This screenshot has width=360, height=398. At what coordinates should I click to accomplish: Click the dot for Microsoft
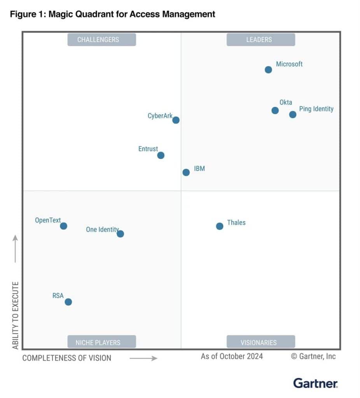268,70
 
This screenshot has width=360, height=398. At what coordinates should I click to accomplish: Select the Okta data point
275,110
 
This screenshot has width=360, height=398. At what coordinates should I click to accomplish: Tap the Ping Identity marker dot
293,114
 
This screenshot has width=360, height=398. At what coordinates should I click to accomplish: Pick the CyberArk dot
176,120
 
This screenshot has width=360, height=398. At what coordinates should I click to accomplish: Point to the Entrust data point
161,155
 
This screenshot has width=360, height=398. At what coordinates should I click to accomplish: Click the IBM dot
186,172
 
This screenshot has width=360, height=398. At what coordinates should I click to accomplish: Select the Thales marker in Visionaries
220,226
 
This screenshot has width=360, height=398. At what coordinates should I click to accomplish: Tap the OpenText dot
63,226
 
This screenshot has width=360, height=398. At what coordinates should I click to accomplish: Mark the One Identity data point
121,234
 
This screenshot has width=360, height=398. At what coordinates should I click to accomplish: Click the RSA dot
68,302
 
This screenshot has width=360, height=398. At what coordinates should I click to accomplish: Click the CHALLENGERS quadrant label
102,40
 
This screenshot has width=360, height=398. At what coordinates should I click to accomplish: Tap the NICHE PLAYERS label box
102,342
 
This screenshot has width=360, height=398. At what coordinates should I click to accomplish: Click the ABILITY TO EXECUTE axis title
16,315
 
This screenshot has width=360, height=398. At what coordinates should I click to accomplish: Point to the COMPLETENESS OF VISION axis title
67,358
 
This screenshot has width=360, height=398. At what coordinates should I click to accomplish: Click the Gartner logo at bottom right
316,383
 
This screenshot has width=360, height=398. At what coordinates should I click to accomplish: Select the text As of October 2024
232,356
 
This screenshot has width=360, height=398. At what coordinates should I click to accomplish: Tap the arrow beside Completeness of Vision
143,358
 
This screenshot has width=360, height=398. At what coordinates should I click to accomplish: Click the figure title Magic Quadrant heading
112,14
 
